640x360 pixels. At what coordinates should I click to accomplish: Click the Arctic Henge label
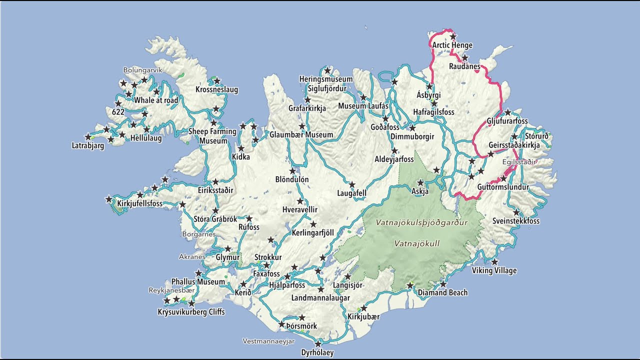(x=452, y=45)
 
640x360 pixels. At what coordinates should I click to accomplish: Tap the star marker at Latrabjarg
(x=88, y=136)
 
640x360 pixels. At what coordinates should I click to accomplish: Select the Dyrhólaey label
(x=317, y=352)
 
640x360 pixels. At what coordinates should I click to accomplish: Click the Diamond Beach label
(x=442, y=292)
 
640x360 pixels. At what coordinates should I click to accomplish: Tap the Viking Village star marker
(x=494, y=262)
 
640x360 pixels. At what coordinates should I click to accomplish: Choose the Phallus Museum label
(x=198, y=282)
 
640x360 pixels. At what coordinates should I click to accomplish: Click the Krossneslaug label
(x=216, y=90)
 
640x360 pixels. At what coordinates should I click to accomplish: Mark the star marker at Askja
(x=420, y=182)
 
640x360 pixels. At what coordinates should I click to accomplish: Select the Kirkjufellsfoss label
(x=139, y=203)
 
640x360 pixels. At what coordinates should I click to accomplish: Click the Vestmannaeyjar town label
(x=268, y=341)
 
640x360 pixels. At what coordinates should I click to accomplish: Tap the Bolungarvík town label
(x=143, y=70)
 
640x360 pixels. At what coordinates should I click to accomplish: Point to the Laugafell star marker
(x=352, y=184)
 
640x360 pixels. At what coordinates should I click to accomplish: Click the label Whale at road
(x=156, y=100)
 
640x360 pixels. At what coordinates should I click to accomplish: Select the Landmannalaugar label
(x=320, y=298)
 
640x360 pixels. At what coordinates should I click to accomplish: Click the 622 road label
(x=118, y=112)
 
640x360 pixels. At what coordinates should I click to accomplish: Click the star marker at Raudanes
(x=464, y=57)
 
